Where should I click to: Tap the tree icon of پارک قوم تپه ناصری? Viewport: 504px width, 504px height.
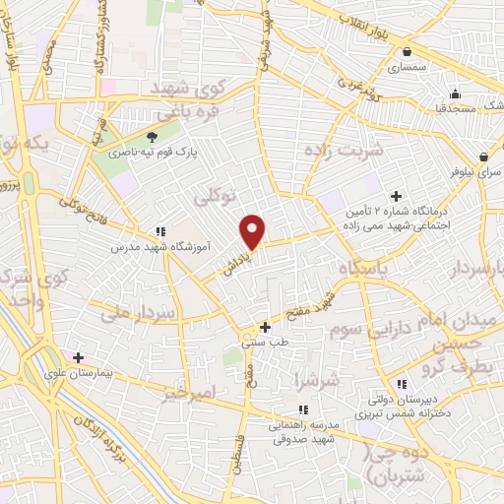pos(151,137)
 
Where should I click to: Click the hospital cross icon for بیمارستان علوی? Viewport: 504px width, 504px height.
pos(78,357)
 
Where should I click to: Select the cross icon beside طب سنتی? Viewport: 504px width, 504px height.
pos(265,327)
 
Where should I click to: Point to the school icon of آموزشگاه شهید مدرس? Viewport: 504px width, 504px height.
pos(159,232)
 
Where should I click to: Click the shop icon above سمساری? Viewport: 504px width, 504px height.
pos(407,51)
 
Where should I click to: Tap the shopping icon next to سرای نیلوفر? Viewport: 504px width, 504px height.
pos(485,157)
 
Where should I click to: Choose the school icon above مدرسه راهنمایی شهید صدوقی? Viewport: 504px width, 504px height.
pos(303,409)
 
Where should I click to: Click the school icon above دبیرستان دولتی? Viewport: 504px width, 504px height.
pos(401,384)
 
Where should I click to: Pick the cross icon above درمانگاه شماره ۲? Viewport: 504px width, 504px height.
pos(397,196)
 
